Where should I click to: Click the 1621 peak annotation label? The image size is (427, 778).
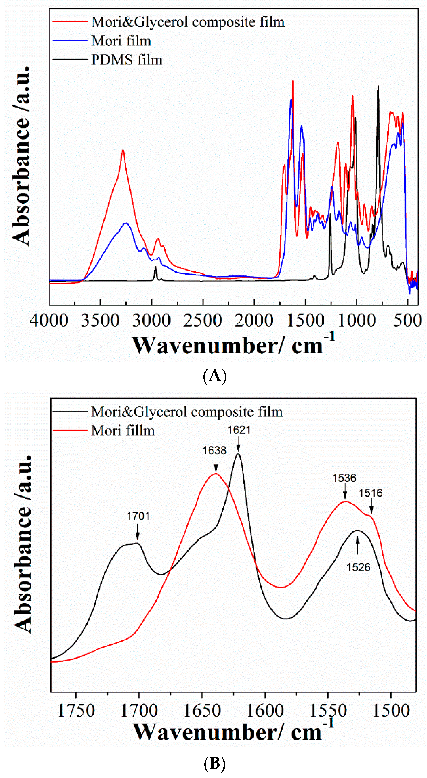[x=239, y=430]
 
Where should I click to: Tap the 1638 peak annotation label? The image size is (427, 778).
[x=214, y=451]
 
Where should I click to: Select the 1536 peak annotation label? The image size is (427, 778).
[x=344, y=478]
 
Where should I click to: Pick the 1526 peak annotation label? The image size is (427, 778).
[x=358, y=567]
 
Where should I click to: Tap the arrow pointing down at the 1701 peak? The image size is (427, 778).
[x=138, y=532]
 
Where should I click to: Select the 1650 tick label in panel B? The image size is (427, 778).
[x=202, y=711]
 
